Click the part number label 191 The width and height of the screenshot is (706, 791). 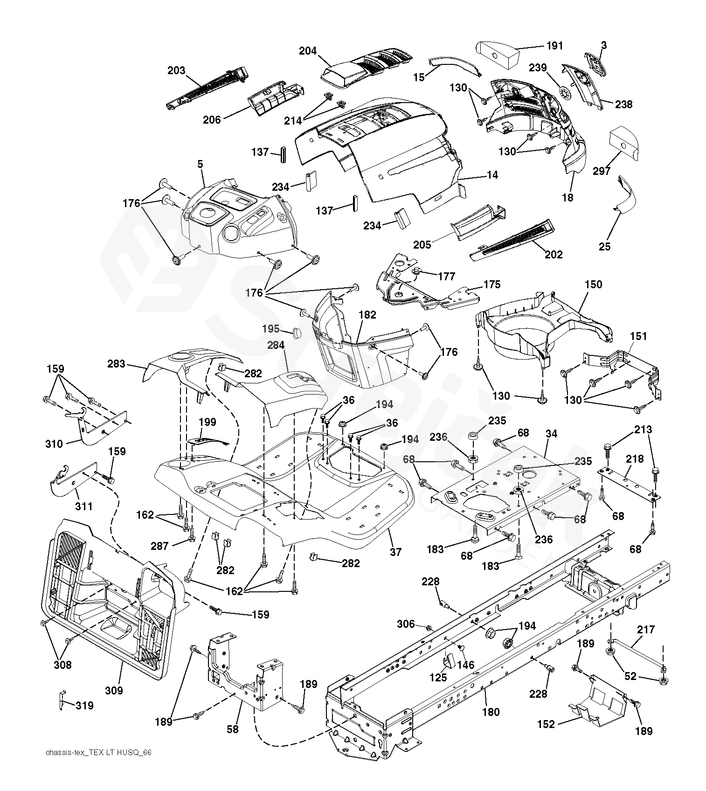pos(555,46)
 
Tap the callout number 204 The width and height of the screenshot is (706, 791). pos(308,51)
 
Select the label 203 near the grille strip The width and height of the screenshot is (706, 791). pos(176,70)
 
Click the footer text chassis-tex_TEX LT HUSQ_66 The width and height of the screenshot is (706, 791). pos(99,753)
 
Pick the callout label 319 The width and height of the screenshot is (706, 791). pos(84,706)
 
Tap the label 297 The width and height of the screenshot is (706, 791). pos(602,171)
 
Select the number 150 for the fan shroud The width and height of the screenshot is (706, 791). pos(593,284)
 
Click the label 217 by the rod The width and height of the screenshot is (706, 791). pos(646,630)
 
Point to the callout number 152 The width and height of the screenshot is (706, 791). pos(546,724)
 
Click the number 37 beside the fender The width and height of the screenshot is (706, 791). pos(395,552)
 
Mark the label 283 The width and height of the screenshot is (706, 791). pos(116,363)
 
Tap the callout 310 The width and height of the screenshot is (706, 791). pos(54,444)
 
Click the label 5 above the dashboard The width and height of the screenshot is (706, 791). pos(200,164)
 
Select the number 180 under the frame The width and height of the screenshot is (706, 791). pos(491,712)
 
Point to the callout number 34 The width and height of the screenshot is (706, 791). pos(551,434)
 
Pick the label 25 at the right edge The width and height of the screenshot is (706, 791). pos(604,247)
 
